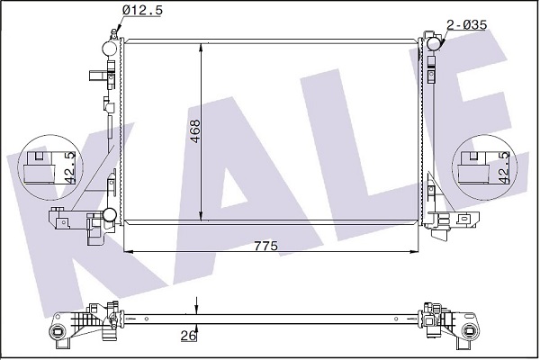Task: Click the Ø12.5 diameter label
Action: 142,10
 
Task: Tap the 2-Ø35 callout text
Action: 466,25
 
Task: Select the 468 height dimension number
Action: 195,131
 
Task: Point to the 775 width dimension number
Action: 265,246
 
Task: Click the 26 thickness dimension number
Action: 189,336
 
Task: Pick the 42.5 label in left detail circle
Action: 70,167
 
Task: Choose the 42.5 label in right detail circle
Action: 503,167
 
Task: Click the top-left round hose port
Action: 110,49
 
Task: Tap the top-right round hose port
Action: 434,43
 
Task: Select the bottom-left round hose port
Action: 111,215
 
